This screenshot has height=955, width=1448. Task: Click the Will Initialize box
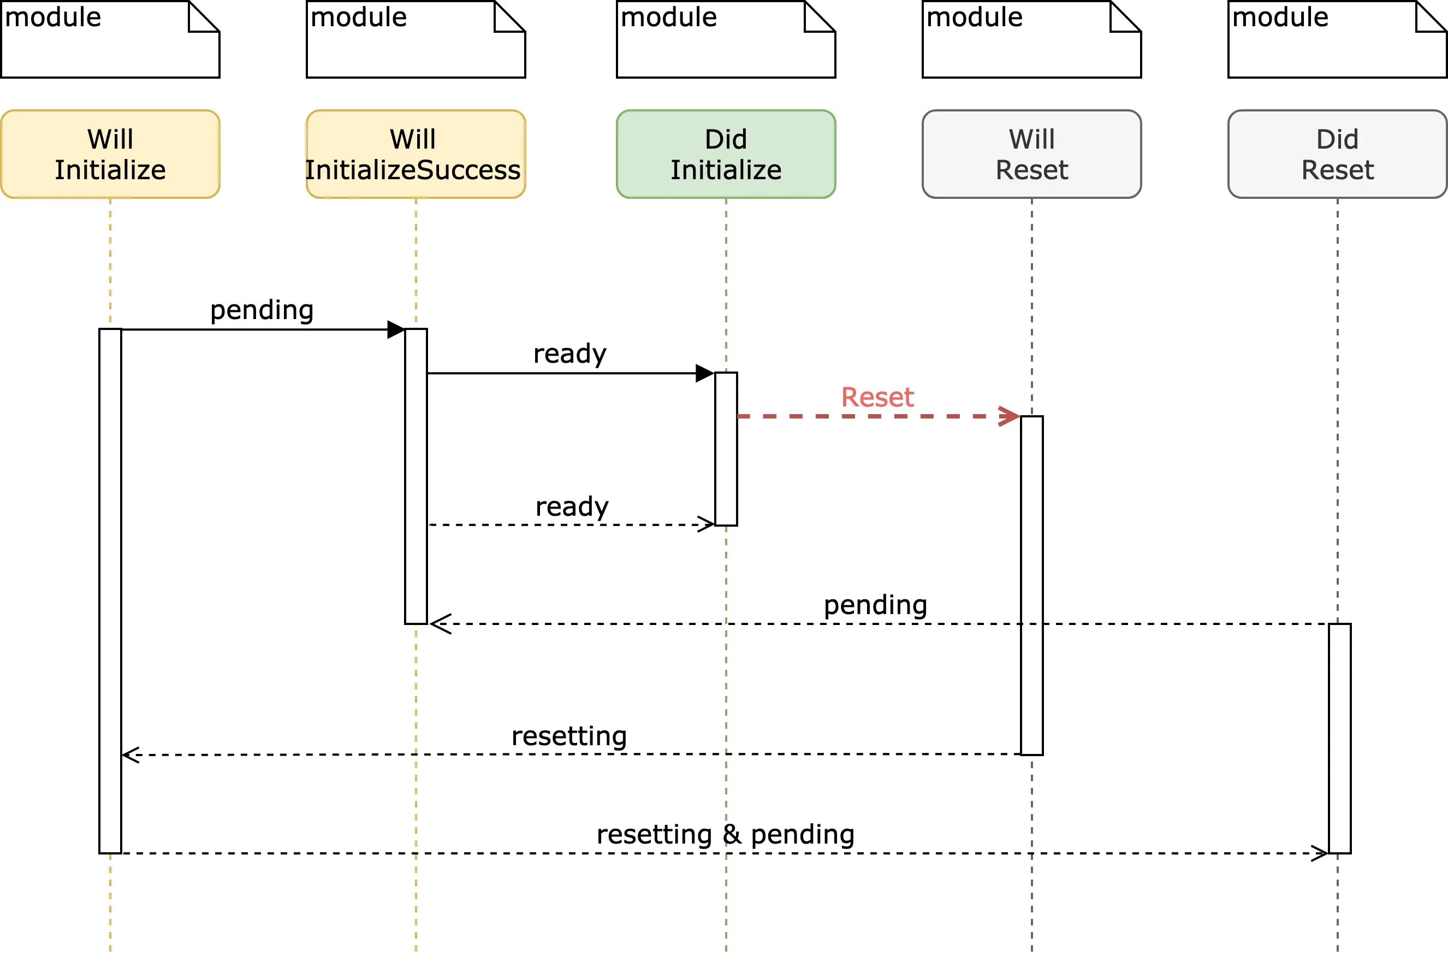click(x=110, y=154)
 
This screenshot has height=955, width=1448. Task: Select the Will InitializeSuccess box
click(x=416, y=154)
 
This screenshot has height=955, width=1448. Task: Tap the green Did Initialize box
click(x=726, y=154)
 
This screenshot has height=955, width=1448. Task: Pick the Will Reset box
click(x=1032, y=154)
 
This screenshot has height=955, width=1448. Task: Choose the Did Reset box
click(x=1337, y=154)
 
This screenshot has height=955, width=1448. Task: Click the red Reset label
click(x=877, y=398)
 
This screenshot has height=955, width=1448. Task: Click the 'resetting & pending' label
click(x=726, y=834)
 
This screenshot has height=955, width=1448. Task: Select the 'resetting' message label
click(x=569, y=736)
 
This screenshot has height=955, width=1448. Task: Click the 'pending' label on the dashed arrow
click(x=875, y=605)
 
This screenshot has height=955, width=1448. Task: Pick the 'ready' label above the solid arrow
click(x=569, y=354)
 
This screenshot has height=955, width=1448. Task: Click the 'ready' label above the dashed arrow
click(x=572, y=507)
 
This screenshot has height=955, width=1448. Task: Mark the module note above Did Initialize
click(x=726, y=39)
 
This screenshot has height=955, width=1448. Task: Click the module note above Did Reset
click(x=1337, y=39)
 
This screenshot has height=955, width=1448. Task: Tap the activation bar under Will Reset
click(x=1032, y=585)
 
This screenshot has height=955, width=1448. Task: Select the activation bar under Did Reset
click(x=1340, y=738)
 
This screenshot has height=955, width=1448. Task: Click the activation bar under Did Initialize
click(x=726, y=449)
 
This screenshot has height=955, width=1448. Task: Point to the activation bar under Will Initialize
click(x=110, y=591)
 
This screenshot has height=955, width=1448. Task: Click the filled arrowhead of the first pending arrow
click(x=396, y=329)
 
